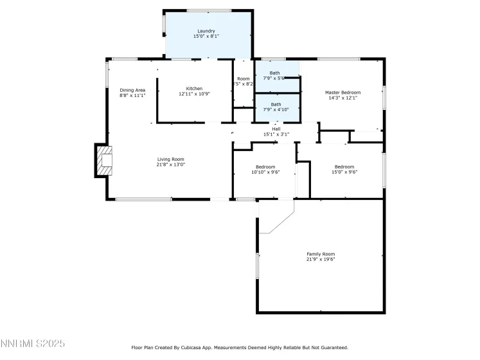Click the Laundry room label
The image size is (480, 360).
pos(206,31)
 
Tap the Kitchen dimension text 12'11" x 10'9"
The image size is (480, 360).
pos(194,94)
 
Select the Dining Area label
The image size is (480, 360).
pos(132,89)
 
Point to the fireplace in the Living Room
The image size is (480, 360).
pos(104,161)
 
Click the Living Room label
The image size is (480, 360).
pos(171,159)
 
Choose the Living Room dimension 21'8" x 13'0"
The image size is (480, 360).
pos(171,165)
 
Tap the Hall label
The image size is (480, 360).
pos(276,129)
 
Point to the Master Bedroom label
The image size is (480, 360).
pos(342,93)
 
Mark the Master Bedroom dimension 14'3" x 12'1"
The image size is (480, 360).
pos(342,98)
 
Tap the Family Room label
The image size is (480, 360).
pos(320,253)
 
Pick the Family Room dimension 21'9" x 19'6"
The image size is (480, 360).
pos(320,259)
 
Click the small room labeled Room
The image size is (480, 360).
pos(244,78)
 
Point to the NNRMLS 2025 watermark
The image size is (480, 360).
pos(33,345)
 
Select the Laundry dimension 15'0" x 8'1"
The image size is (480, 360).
pos(206,37)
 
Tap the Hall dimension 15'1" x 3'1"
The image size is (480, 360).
pos(276,134)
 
